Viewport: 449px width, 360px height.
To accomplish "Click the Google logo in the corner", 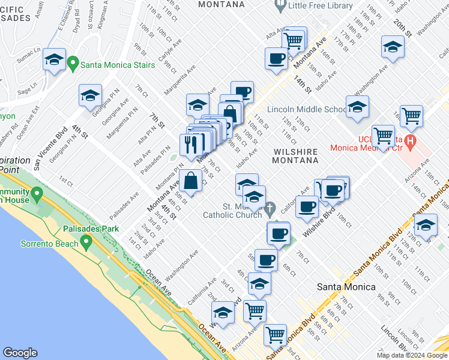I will pyautogui.click(x=20, y=353).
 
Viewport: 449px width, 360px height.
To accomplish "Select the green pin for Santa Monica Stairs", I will pyautogui.click(x=73, y=62).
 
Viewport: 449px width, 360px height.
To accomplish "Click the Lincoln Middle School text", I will pyautogui.click(x=306, y=110).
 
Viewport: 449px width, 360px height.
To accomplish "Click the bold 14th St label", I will pyautogui.click(x=302, y=83).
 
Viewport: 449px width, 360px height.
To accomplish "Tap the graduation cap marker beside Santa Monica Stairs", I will pyautogui.click(x=54, y=59).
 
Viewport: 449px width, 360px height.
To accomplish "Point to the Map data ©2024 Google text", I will pyautogui.click(x=412, y=355).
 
